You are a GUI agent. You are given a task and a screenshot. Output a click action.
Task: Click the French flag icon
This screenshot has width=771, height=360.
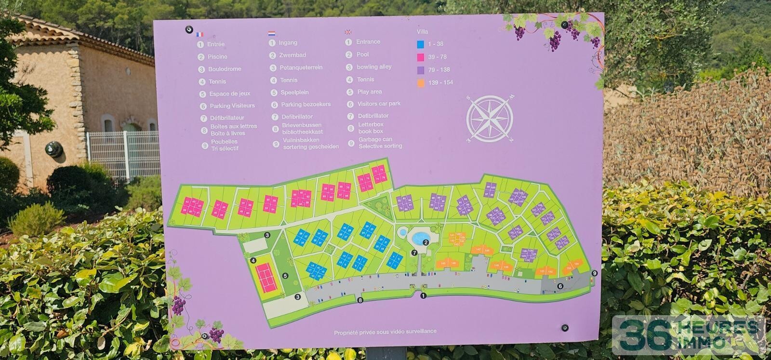click(200, 34)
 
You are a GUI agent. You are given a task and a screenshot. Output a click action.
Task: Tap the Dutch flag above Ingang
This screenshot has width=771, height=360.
click(272, 34)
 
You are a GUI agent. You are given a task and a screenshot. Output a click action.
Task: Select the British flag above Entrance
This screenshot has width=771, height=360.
click(348, 32)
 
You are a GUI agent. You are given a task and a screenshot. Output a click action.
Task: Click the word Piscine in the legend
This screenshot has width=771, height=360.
click(217, 56)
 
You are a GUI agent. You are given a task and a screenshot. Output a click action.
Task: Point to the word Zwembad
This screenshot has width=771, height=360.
click(292, 55)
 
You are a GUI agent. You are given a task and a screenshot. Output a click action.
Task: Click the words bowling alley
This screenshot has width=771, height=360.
click(374, 67)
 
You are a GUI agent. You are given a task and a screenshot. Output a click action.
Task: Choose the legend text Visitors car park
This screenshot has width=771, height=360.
click(379, 104)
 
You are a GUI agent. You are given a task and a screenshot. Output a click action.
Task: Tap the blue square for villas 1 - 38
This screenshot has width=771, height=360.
click(421, 44)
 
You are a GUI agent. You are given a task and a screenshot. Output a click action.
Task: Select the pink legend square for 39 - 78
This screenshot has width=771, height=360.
click(421, 57)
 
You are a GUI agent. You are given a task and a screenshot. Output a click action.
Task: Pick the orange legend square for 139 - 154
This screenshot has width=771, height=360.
click(421, 83)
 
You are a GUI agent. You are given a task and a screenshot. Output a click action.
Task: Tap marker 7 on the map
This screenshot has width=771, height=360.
click(414, 253)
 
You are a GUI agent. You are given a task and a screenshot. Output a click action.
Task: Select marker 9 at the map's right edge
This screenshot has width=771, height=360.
click(595, 273)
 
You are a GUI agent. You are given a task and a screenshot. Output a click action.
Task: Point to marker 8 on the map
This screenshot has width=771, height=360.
click(360, 300)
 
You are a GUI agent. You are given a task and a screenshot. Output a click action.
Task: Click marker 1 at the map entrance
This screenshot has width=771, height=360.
click(423, 296)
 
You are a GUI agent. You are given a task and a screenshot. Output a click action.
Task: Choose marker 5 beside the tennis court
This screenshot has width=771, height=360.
click(285, 276)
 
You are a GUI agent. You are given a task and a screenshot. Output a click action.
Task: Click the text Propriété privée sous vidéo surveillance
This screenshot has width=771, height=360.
click(385, 332)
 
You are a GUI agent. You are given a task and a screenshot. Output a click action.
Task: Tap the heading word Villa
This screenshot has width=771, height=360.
click(422, 32)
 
